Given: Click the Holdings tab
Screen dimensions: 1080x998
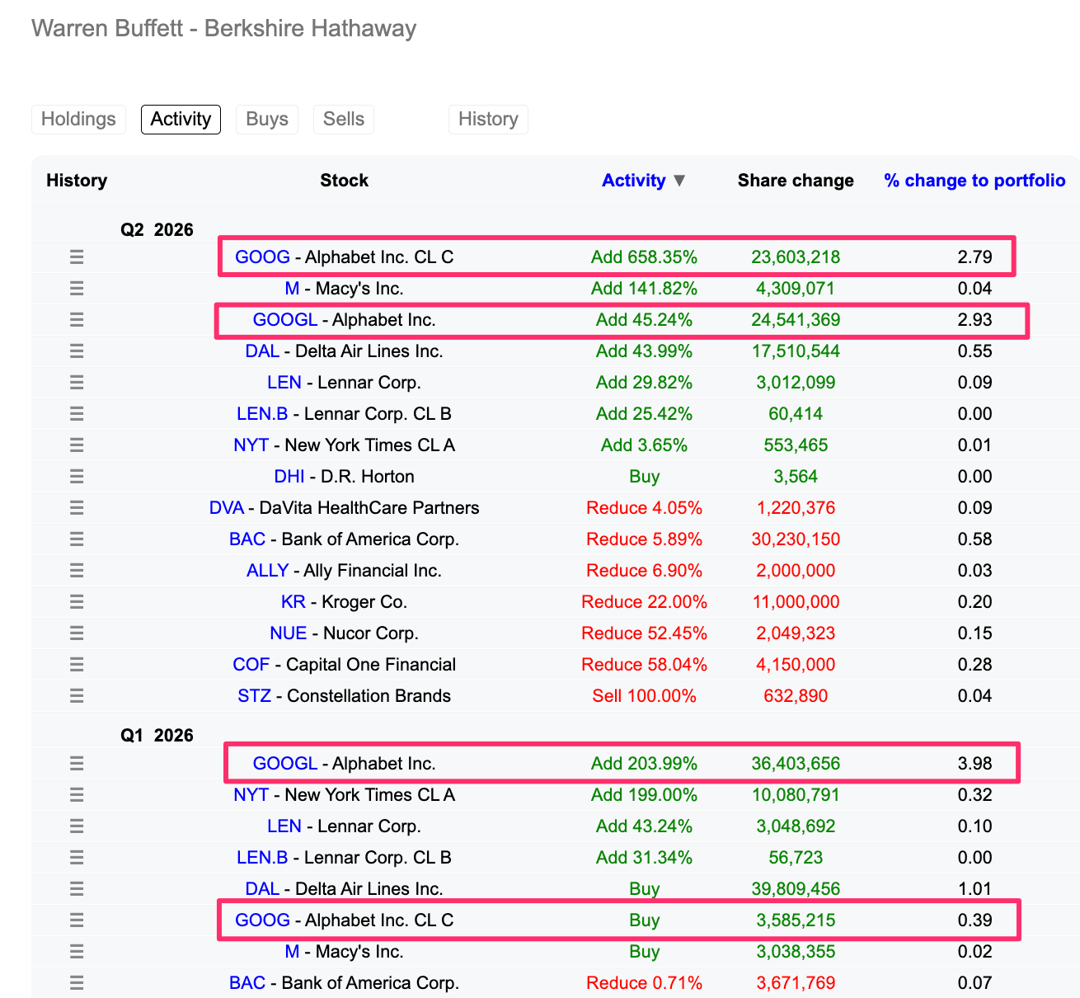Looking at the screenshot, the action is click(x=78, y=119).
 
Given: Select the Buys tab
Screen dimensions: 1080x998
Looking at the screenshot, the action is click(x=266, y=119).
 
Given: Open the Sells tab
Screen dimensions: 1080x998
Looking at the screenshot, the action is click(x=343, y=119).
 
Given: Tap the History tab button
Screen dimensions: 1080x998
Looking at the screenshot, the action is click(x=488, y=119).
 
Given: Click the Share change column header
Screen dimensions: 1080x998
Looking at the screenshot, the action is click(x=795, y=180).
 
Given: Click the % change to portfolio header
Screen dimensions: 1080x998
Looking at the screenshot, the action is click(x=974, y=180).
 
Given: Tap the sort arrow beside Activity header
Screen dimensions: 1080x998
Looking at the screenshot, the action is click(x=679, y=181).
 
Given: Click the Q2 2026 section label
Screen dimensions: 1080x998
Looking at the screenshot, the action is click(x=157, y=229).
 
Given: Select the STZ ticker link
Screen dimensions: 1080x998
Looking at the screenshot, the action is click(x=254, y=695).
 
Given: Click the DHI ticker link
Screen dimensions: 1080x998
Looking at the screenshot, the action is click(x=289, y=476).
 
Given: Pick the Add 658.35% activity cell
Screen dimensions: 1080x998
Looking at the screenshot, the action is click(x=644, y=257).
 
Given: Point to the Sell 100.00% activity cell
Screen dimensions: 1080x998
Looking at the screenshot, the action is click(x=644, y=695).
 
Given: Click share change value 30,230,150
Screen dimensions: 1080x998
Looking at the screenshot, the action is click(x=795, y=539).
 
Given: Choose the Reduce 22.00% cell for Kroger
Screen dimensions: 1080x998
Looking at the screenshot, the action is click(x=644, y=601).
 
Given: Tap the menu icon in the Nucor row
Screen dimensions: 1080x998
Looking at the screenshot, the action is click(x=77, y=633).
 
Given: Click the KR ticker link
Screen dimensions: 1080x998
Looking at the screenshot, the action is click(x=293, y=601).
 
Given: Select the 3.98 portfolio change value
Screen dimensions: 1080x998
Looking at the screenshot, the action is click(x=974, y=763).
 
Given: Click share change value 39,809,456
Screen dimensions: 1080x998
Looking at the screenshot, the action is click(x=795, y=888).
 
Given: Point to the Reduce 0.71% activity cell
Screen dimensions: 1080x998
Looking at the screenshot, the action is click(x=644, y=982).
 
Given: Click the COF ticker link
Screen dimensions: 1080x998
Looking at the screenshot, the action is click(x=251, y=664).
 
